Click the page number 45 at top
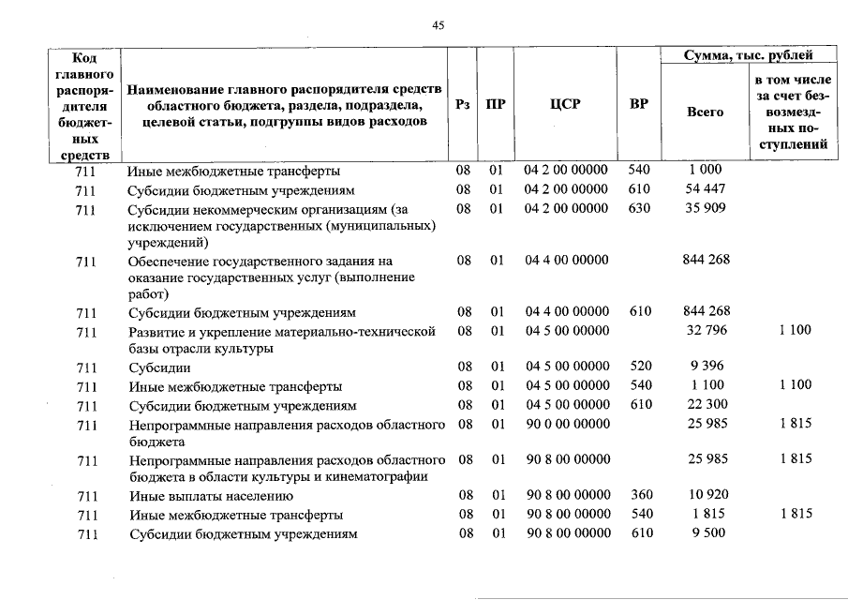click(x=438, y=25)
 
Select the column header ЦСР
click(x=565, y=105)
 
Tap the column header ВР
click(x=638, y=105)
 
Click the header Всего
click(x=706, y=112)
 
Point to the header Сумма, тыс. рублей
click(x=749, y=56)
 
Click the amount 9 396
click(x=708, y=367)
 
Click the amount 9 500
click(x=708, y=533)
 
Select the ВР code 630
click(x=639, y=208)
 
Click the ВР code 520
click(x=639, y=367)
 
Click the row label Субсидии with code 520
click(x=159, y=367)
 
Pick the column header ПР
click(x=496, y=105)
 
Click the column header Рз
click(x=463, y=105)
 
